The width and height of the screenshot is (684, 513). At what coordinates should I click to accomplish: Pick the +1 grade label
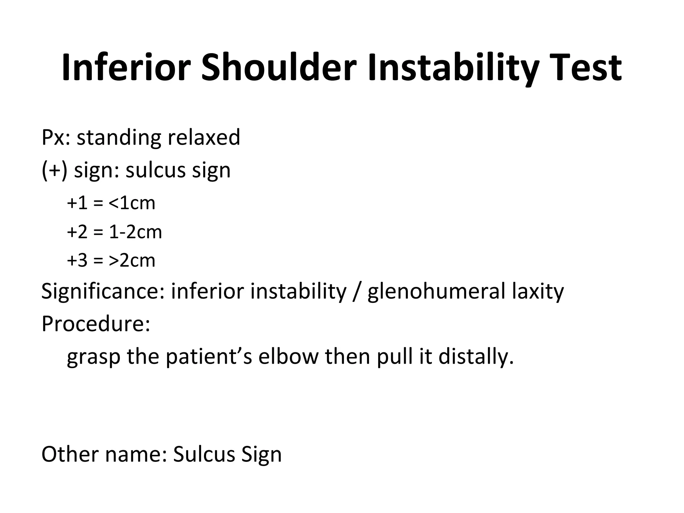coord(77,203)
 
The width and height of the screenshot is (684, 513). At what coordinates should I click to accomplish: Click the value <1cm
coord(132,203)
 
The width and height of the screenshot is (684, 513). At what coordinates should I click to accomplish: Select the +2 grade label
coord(77,232)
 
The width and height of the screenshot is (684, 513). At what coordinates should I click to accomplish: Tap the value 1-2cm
coord(135,232)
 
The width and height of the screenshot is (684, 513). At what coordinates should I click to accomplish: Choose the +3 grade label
coord(77,261)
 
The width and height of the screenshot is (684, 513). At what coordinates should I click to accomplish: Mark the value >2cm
coord(132,261)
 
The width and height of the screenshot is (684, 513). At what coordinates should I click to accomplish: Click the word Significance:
coord(103,291)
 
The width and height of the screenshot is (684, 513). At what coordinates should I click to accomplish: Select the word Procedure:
coord(96,324)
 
